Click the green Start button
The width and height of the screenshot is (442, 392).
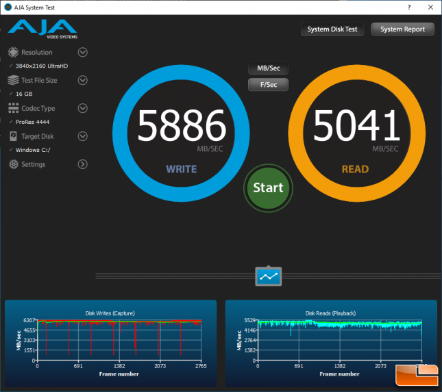coord(268,188)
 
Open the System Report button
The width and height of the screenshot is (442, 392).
coord(402,29)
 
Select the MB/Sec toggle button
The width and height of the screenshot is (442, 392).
coord(269,68)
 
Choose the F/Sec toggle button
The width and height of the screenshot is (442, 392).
coord(269,85)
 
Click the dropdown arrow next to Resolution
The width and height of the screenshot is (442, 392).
coord(83,53)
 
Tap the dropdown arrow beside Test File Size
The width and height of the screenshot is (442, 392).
coord(83,80)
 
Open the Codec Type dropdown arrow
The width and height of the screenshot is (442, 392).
coord(83,108)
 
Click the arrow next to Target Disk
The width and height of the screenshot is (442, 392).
coord(83,136)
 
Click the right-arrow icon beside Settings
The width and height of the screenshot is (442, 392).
coord(83,164)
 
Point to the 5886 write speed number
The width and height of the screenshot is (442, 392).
coord(182,125)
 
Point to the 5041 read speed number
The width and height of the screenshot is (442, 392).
coord(356,125)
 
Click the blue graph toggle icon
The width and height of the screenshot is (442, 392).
coord(269,276)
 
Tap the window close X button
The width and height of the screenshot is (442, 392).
coord(430,8)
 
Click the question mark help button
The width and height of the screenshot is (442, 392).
coord(409,8)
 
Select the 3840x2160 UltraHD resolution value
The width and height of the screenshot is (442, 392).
coord(42,66)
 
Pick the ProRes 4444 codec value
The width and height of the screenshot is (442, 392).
coord(32,122)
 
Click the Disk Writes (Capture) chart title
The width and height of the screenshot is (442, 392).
coord(110,313)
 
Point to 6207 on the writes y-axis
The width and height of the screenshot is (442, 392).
coord(29,320)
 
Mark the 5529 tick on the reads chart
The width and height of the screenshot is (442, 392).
coord(249,320)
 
